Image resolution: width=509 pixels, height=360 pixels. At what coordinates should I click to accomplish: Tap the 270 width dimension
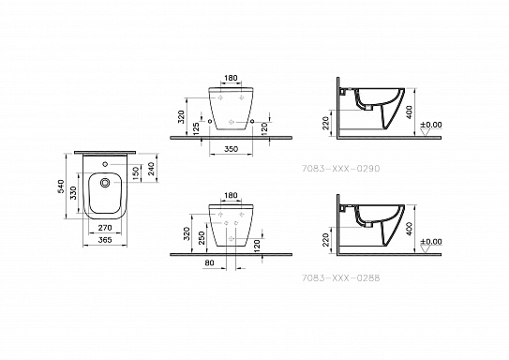click(104, 228)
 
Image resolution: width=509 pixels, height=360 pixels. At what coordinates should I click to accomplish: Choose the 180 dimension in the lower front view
click(231, 199)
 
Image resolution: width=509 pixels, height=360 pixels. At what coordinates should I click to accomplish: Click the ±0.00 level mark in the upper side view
click(430, 125)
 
